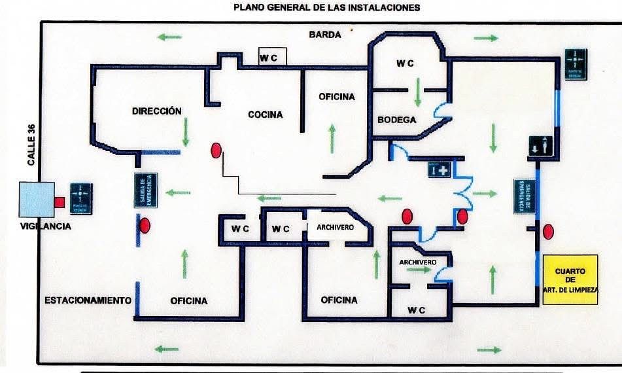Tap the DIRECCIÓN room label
click(156, 111)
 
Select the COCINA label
click(265, 115)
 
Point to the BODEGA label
click(397, 120)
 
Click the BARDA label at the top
click(325, 35)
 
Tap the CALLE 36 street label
click(31, 145)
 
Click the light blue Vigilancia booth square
click(37, 200)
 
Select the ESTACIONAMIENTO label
click(88, 300)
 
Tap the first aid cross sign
click(440, 171)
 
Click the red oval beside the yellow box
click(548, 231)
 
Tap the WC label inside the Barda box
click(269, 58)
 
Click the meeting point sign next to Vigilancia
click(80, 199)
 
